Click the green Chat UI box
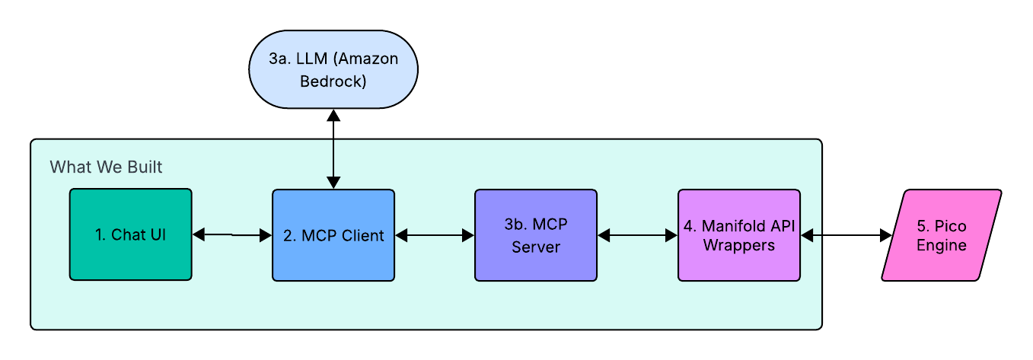(x=130, y=234)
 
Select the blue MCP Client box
(x=333, y=235)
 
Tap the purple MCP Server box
(x=535, y=235)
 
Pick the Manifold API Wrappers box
(x=738, y=235)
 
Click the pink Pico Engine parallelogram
(x=941, y=235)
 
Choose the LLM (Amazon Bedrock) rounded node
(x=333, y=69)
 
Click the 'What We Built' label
(x=106, y=167)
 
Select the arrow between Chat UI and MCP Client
(x=232, y=235)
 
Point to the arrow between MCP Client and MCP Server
(x=435, y=236)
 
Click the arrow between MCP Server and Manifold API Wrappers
(x=637, y=236)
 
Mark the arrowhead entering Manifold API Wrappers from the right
(x=807, y=236)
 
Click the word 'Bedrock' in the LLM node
(x=333, y=80)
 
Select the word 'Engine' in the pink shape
(x=941, y=245)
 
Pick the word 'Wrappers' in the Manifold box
(x=738, y=245)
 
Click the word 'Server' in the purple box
(x=535, y=247)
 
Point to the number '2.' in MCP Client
(x=289, y=236)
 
